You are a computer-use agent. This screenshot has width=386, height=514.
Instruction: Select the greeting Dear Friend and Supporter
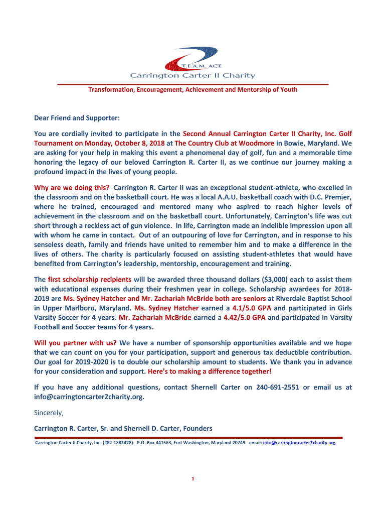(x=77, y=118)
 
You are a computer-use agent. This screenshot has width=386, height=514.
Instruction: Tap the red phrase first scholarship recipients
(x=90, y=279)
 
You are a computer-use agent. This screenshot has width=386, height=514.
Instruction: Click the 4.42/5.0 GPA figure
(x=244, y=317)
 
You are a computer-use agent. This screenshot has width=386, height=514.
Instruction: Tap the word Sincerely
(x=49, y=413)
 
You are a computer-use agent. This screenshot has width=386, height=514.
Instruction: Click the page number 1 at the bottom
(x=193, y=478)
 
